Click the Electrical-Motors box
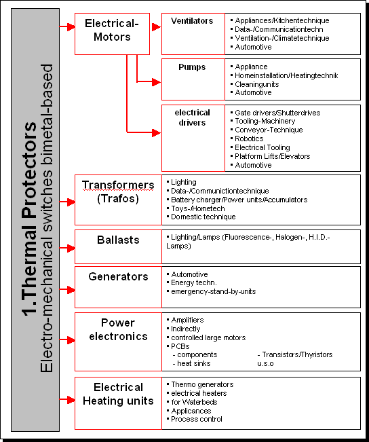[112, 33]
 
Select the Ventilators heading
[192, 21]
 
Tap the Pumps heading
[192, 67]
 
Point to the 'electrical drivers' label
[193, 117]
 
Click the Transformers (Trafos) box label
[118, 191]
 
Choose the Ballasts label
[118, 240]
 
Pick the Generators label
[118, 276]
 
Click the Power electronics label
[118, 329]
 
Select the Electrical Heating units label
[118, 394]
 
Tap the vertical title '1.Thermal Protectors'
[29, 219]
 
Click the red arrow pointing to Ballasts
[67, 248]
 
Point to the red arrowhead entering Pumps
[156, 82]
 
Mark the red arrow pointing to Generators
[67, 290]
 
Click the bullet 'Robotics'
[249, 139]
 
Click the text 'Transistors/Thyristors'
[298, 354]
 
